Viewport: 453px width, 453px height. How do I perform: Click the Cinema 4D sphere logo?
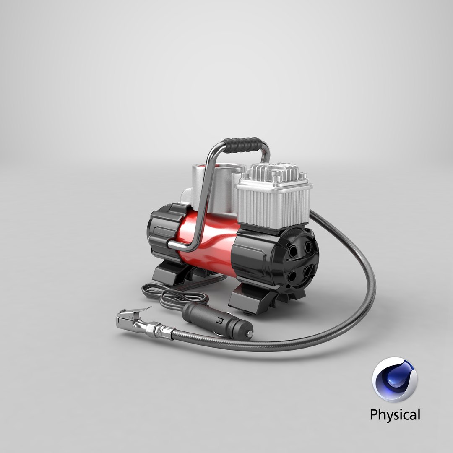394,380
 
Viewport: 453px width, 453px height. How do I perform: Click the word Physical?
394,415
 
